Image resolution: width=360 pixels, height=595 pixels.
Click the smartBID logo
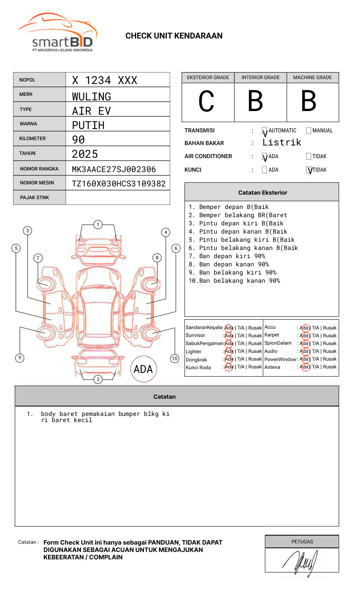58,32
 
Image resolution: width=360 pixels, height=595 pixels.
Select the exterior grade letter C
206,101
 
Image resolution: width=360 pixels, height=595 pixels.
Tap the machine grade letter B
308,101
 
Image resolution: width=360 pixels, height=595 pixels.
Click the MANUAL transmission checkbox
309,130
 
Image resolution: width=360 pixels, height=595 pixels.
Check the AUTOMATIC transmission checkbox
264,130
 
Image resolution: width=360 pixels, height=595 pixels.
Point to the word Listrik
282,142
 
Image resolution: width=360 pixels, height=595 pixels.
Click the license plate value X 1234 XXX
105,80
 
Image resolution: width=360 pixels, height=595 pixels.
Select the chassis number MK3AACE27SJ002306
114,169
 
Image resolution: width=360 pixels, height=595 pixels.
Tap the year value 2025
85,154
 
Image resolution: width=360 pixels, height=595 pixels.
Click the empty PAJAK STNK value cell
118,198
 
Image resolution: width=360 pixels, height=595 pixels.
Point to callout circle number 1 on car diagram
98,225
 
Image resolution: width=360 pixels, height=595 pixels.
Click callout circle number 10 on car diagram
174,358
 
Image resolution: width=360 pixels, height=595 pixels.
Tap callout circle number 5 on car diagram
16,248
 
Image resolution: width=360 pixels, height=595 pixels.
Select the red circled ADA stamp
144,369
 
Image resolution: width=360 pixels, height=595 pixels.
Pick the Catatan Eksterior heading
263,193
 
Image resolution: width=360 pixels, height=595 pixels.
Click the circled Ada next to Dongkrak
229,359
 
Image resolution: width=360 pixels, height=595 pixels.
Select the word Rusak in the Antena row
330,367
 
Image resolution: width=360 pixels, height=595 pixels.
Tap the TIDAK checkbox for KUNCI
309,170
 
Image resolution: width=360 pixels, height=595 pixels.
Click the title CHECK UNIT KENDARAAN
174,36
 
